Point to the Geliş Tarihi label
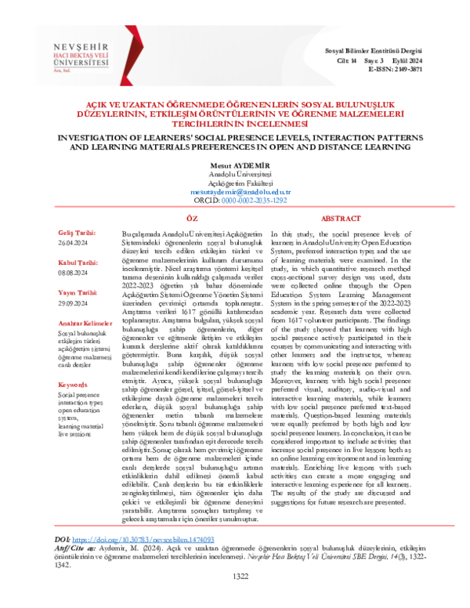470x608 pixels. point(75,233)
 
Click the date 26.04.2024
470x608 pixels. point(72,242)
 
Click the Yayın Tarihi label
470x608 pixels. point(76,291)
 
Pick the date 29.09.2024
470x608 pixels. point(72,301)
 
